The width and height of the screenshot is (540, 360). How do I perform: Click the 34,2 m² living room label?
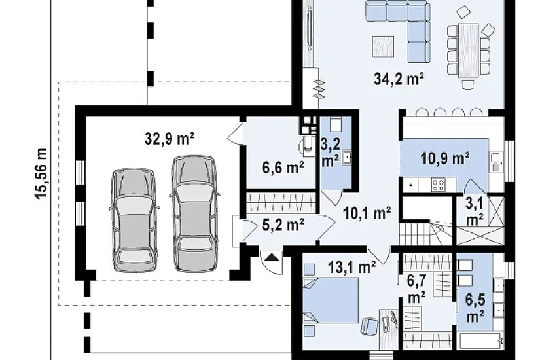(399, 79)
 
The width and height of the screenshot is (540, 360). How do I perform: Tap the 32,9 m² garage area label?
(170, 139)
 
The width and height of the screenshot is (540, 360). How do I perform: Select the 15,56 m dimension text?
(41, 173)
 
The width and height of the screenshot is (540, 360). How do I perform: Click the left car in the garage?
(134, 220)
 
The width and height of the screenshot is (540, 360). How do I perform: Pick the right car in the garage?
(194, 213)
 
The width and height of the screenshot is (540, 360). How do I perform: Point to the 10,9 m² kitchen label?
(444, 158)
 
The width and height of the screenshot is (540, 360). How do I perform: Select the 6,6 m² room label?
(283, 168)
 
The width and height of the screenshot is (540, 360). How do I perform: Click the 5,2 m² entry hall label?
(283, 225)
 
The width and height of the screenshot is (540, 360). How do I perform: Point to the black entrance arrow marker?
(272, 257)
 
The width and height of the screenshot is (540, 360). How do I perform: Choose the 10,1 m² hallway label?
(367, 213)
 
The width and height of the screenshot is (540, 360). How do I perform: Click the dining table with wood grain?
(469, 50)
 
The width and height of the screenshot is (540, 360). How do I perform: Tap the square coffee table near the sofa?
(383, 46)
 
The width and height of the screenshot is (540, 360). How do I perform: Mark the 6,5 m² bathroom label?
(475, 308)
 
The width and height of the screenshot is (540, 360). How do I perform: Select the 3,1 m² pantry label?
(475, 211)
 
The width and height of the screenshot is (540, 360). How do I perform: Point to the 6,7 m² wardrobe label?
(416, 289)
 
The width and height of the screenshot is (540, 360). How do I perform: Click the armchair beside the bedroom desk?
(370, 326)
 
